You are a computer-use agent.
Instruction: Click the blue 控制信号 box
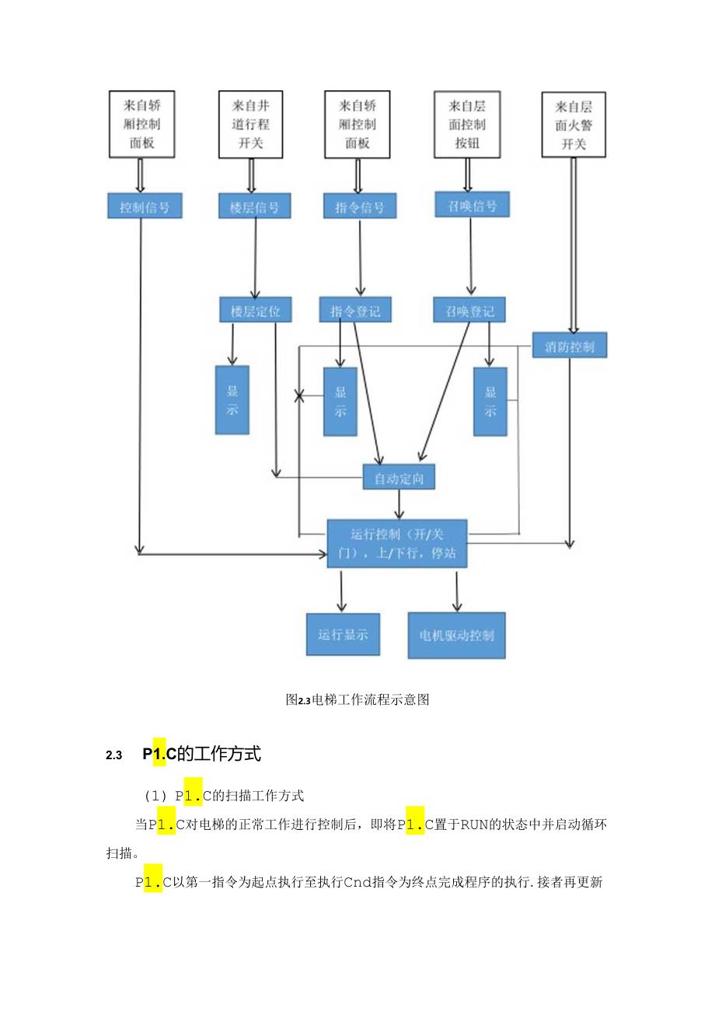coord(145,206)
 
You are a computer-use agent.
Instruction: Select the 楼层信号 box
coord(254,206)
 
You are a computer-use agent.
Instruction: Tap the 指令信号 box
coord(359,206)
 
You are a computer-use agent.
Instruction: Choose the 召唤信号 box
coord(472,204)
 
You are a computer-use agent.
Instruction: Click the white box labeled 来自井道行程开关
coord(250,124)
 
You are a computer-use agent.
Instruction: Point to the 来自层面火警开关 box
coord(574,124)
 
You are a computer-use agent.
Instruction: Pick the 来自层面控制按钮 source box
coord(467,124)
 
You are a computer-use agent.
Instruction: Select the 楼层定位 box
coord(255,312)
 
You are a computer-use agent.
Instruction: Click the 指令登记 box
coord(355,312)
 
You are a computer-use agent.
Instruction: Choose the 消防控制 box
coord(570,345)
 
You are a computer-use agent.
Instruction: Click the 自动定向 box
coord(399,476)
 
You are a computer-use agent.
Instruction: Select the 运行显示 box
coord(343,634)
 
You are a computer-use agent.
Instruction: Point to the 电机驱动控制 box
coord(456,634)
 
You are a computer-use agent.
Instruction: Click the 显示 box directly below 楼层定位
coord(232,399)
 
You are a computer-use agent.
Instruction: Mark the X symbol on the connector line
coord(299,396)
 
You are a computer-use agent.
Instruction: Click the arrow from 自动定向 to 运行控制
coord(399,504)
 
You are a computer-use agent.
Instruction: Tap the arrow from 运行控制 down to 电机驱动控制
coord(456,590)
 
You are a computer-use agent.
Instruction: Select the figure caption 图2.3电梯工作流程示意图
coord(357,699)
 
